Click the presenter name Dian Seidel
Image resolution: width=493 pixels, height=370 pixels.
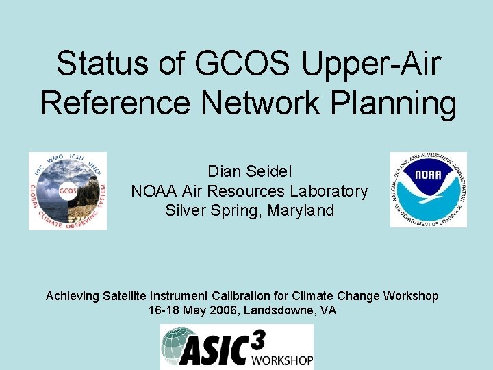point(249,172)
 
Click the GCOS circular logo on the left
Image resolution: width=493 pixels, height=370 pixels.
point(68,190)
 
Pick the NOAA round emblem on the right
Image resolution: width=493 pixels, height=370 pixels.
point(429,190)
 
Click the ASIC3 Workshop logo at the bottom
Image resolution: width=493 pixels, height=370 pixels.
point(237,347)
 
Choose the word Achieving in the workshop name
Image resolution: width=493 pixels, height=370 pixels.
point(73,296)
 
